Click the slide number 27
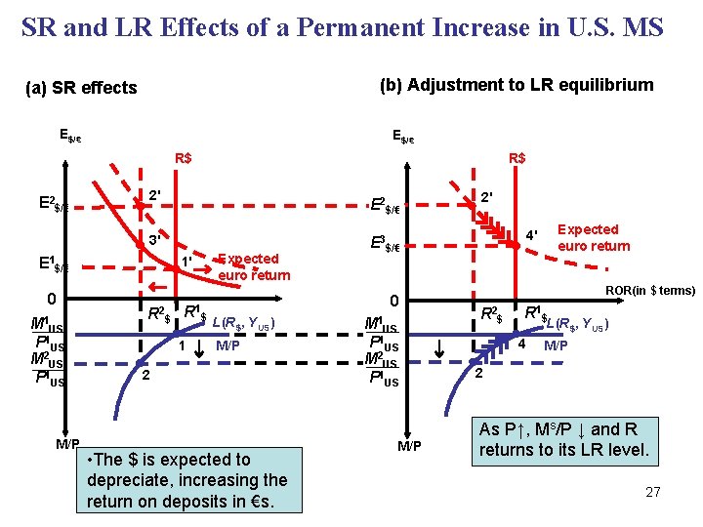(653, 492)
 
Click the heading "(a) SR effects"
(81, 88)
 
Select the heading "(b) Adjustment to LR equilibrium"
(517, 85)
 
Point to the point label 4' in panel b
(532, 235)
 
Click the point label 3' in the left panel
(154, 240)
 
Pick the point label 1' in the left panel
(185, 261)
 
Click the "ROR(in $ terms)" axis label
(650, 291)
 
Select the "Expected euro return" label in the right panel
(594, 237)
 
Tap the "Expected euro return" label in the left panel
(253, 266)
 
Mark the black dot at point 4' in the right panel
(517, 248)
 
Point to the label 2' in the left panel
(154, 196)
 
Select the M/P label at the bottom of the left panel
(67, 443)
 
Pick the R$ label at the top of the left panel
(183, 157)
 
